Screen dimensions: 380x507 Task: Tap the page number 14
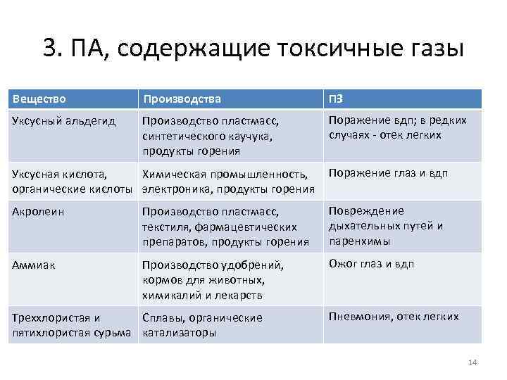click(472, 362)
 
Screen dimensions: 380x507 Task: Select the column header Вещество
click(39, 99)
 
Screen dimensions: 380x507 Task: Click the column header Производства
click(181, 99)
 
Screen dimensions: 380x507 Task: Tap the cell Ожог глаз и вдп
click(371, 264)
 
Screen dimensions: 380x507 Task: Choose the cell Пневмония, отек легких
click(394, 317)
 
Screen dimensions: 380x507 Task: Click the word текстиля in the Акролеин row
click(165, 227)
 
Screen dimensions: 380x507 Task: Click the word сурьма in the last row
click(113, 332)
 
